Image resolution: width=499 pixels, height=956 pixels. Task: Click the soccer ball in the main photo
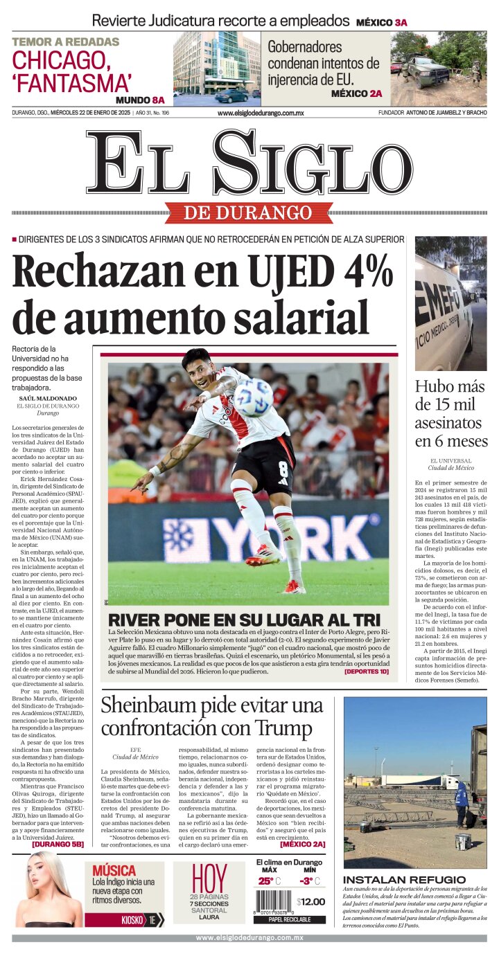pyautogui.click(x=252, y=397)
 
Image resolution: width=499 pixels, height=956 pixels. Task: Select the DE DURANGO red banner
pyautogui.click(x=249, y=213)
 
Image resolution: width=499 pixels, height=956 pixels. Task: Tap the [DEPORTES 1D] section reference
pyautogui.click(x=366, y=671)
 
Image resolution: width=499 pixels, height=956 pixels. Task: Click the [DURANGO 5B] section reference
pyautogui.click(x=58, y=845)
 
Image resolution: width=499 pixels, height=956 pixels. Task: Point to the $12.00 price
pyautogui.click(x=310, y=902)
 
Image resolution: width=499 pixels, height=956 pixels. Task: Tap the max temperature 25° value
pyautogui.click(x=266, y=881)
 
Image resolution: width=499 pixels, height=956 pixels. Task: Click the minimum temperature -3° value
pyautogui.click(x=306, y=881)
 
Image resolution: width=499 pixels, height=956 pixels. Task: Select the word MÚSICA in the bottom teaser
pyautogui.click(x=114, y=870)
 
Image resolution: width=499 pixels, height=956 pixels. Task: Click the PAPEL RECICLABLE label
pyautogui.click(x=290, y=920)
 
